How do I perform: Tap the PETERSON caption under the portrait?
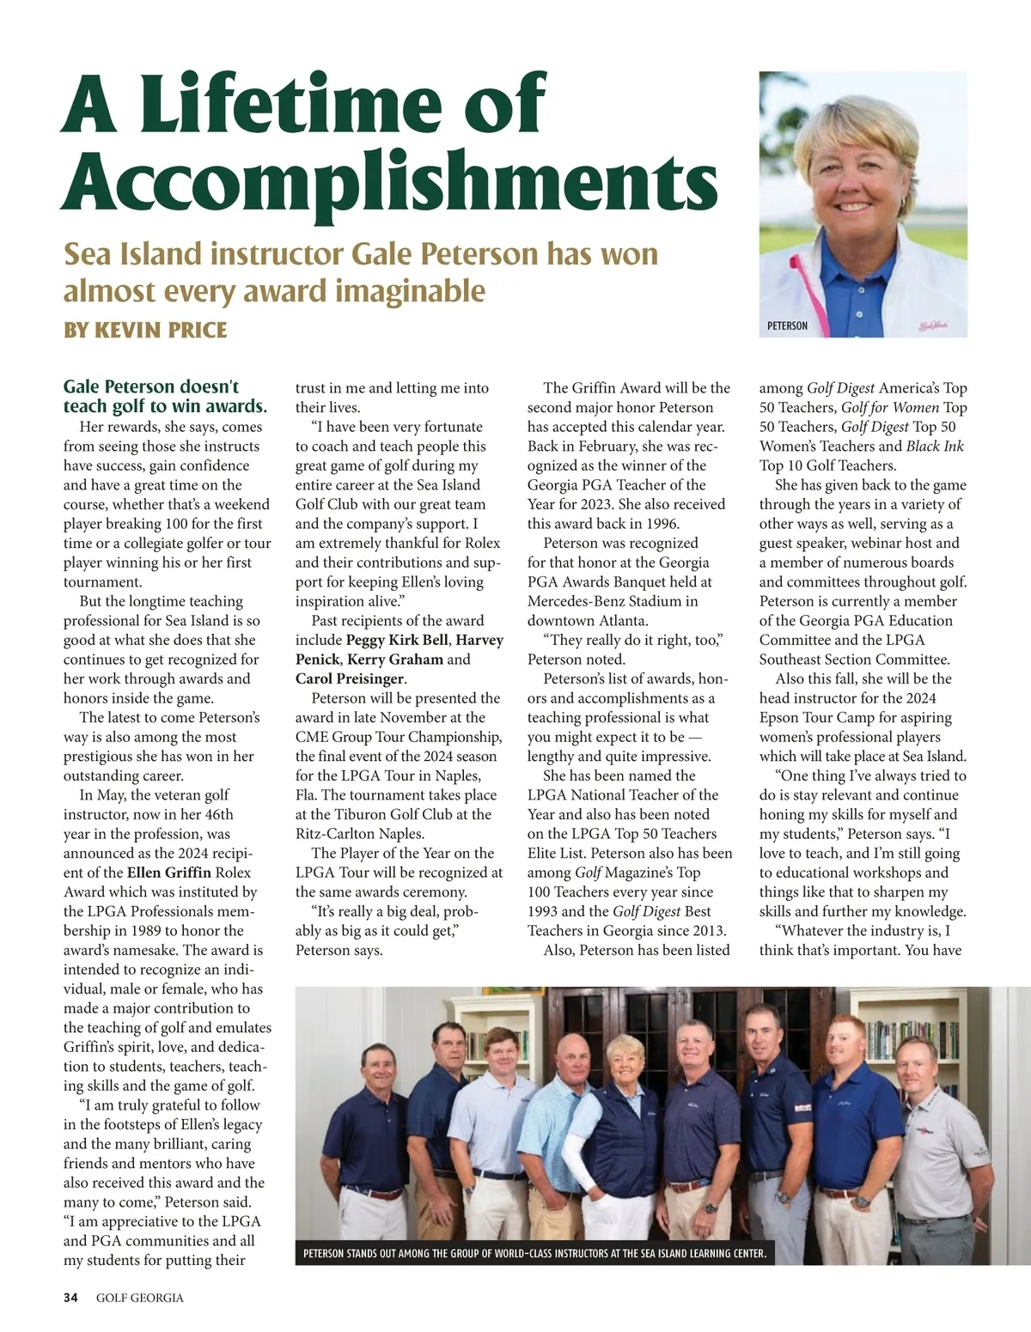[x=787, y=326]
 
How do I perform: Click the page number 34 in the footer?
[x=70, y=1297]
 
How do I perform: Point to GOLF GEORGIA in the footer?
[x=140, y=1297]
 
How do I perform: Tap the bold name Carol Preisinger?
[x=349, y=678]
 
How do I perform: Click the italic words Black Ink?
[x=935, y=446]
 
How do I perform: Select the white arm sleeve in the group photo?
[x=572, y=1168]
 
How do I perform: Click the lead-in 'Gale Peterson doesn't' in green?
[x=151, y=386]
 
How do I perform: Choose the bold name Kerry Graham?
[x=395, y=660]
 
